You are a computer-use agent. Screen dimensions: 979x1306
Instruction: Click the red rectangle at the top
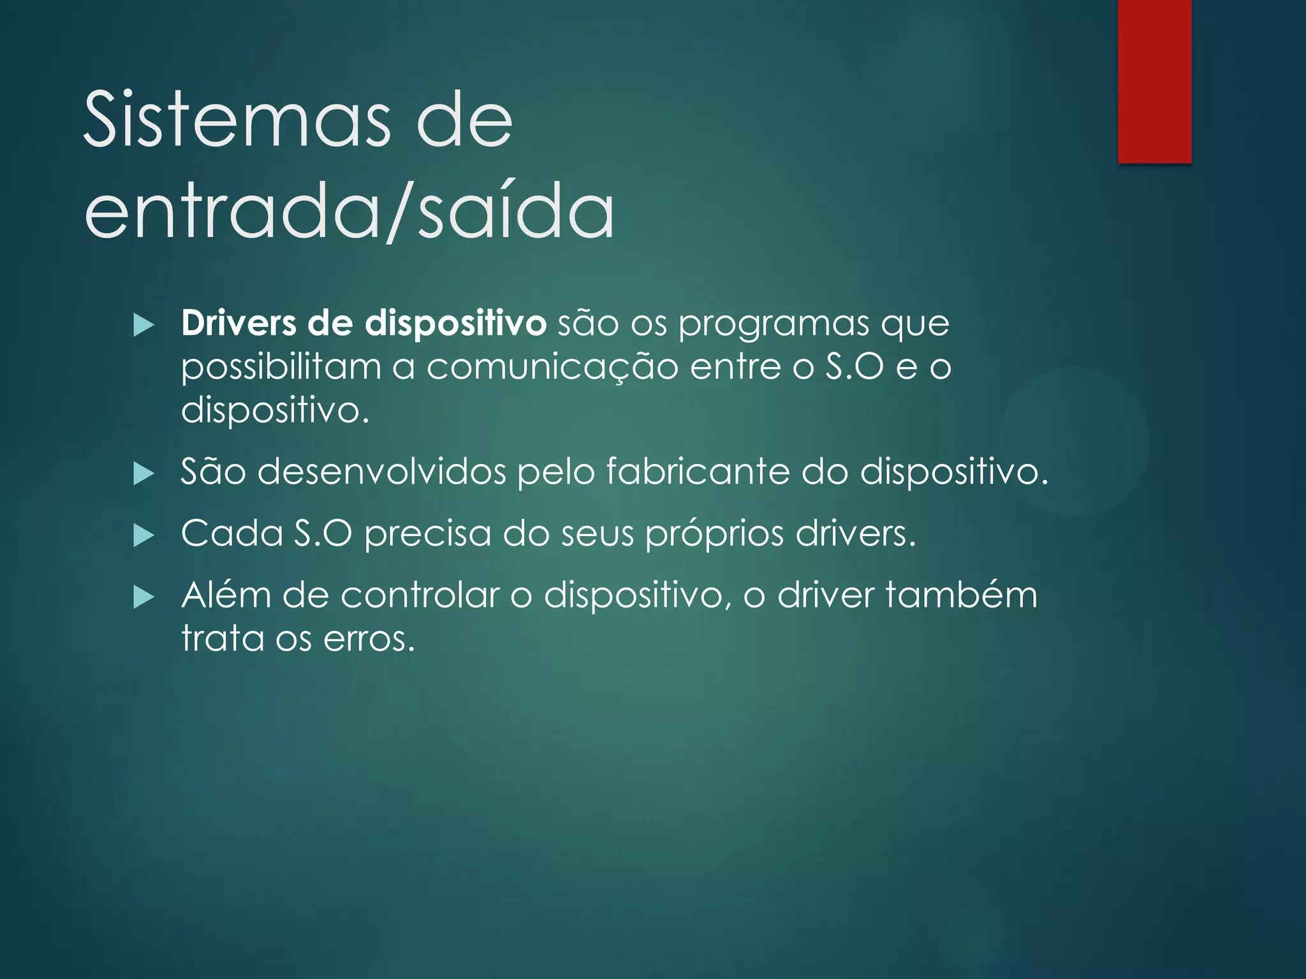1154,81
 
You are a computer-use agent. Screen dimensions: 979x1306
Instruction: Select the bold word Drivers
238,323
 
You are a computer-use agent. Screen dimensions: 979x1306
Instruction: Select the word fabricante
698,472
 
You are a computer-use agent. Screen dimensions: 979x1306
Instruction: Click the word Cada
232,533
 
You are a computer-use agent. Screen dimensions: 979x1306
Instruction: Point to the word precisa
428,534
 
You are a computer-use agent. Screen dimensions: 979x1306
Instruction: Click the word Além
226,595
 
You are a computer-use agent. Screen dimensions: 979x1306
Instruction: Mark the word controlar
420,595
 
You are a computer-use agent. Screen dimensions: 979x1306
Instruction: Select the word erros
369,639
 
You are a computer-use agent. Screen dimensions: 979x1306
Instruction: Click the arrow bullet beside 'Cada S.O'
144,535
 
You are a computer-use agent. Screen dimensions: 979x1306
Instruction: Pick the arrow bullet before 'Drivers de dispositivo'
144,326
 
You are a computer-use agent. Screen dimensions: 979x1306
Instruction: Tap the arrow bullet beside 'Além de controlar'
144,597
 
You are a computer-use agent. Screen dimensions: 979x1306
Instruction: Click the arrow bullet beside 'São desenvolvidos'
144,474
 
